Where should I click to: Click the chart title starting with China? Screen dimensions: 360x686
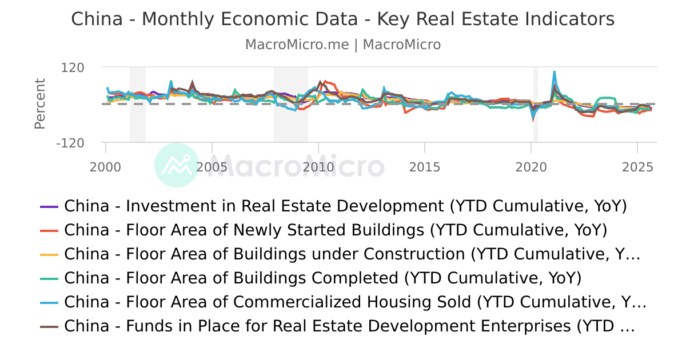click(343, 19)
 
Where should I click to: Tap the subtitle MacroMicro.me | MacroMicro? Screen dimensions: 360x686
click(343, 45)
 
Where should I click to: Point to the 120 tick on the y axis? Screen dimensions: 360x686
click(73, 67)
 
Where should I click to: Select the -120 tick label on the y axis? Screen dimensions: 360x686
click(70, 143)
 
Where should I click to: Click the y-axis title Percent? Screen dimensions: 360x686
click(39, 104)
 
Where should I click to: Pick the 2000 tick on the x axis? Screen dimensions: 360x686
click(106, 167)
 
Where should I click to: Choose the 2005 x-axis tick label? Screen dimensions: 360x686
click(212, 167)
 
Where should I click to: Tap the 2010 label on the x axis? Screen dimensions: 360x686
click(318, 167)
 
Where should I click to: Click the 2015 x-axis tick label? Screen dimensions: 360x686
click(425, 167)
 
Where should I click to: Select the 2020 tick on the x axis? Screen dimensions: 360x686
click(531, 167)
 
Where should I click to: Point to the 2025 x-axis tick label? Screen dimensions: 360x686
click(637, 167)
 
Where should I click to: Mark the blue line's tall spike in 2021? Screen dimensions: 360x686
click(554, 73)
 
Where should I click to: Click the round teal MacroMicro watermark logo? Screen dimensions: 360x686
click(177, 165)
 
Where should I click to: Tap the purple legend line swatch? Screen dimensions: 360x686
click(49, 206)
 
